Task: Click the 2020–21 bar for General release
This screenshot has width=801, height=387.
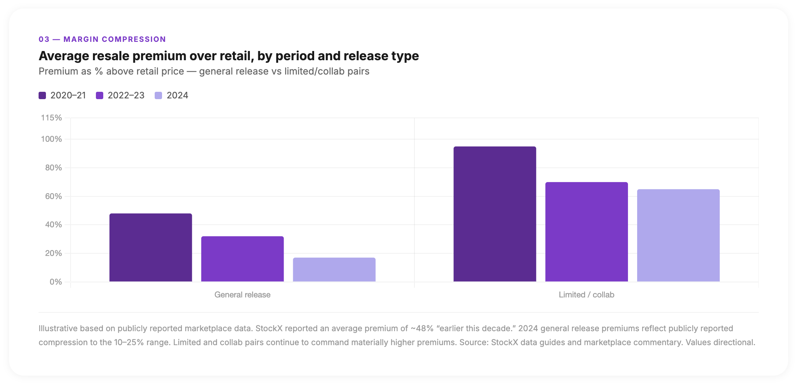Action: [151, 247]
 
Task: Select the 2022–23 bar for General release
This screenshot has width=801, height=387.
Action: [243, 259]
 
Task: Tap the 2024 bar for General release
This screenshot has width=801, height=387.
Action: [334, 270]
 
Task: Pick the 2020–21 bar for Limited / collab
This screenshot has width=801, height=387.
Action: [495, 214]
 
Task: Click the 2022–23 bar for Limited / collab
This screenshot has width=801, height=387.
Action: [586, 232]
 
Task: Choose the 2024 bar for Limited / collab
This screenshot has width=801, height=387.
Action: [678, 235]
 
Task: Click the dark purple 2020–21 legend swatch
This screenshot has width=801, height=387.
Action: [42, 95]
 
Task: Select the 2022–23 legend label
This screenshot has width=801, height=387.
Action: [126, 95]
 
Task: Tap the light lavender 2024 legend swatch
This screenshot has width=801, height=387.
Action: [158, 95]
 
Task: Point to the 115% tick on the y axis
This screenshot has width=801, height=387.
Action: [51, 118]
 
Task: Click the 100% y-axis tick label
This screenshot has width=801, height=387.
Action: [51, 139]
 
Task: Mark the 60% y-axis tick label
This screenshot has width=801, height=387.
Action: [53, 196]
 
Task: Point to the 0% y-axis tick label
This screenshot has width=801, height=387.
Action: [55, 282]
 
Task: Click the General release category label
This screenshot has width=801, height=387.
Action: [243, 295]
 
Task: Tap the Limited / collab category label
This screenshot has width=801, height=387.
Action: [586, 295]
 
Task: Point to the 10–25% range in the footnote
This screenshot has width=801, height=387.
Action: [129, 343]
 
